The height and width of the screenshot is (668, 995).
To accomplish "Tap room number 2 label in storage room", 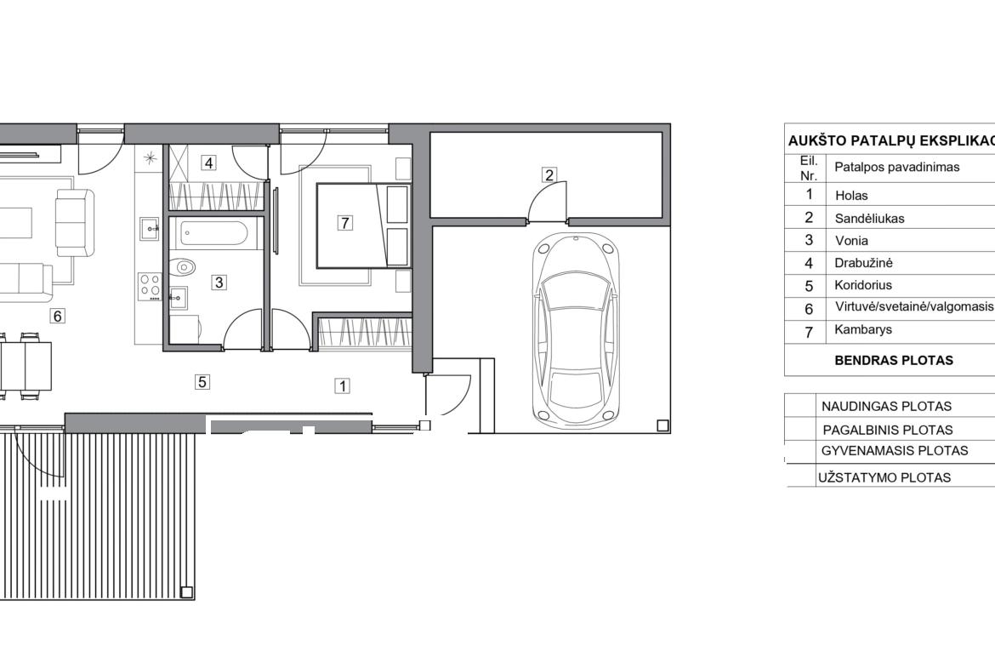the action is coord(549,174).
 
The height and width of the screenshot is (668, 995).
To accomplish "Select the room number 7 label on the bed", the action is coord(344,223).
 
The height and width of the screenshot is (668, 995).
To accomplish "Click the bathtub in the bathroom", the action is coord(213,234).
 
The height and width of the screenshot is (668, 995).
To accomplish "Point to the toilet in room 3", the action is coord(185,266).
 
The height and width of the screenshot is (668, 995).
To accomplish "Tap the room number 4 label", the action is coord(208,163).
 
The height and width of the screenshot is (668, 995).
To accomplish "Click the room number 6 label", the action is coord(58,316).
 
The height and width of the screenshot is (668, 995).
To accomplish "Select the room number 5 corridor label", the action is coord(202,381).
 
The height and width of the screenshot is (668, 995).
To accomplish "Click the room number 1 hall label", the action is coord(343,385).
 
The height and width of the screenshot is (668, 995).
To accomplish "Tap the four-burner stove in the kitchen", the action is coord(150,287).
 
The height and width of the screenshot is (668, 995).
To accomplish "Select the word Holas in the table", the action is coord(851,196).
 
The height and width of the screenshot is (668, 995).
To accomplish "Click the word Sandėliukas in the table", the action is coord(869,219).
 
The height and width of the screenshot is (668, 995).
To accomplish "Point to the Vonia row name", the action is coord(851,241).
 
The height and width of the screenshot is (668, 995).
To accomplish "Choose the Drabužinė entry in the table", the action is coord(864,263).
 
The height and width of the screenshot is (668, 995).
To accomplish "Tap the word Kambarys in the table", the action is coord(863,329).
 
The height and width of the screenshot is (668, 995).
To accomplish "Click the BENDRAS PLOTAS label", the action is coord(894,361).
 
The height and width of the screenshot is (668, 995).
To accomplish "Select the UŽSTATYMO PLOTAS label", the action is coord(884,478).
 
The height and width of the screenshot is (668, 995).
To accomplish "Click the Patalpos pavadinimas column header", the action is coord(896,168).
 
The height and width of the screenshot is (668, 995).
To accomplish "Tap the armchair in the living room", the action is coord(75,222).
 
